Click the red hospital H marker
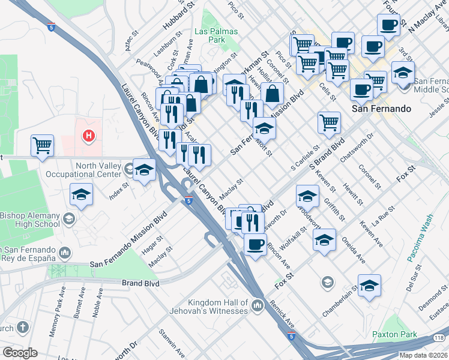(x=89, y=136)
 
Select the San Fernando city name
(x=381, y=109)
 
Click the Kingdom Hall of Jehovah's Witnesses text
(x=217, y=307)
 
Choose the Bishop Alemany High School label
(x=30, y=220)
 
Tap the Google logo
(x=20, y=353)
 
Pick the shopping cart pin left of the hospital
(x=43, y=145)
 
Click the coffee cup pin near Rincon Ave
(x=255, y=245)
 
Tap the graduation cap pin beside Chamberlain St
(x=370, y=285)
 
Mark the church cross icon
(x=22, y=327)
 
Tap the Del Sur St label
(x=411, y=286)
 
